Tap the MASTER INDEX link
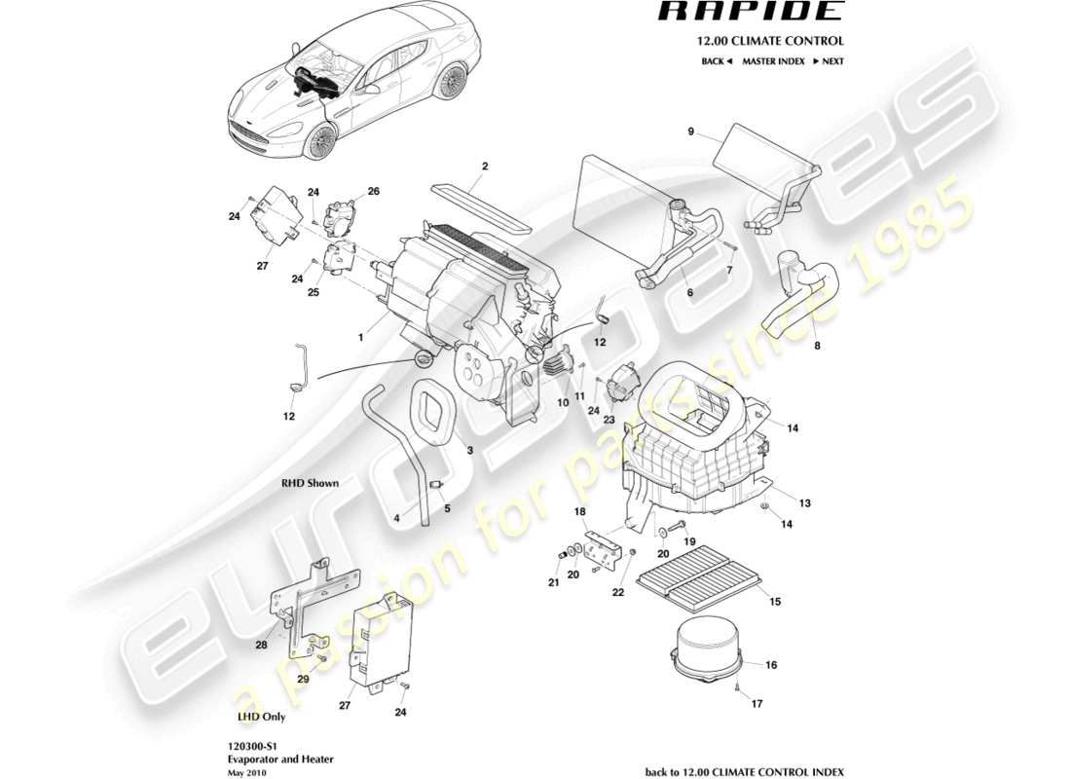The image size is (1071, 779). (x=773, y=61)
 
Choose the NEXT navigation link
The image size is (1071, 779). (x=828, y=61)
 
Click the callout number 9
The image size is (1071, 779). (x=690, y=131)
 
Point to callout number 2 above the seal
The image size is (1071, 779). (x=484, y=167)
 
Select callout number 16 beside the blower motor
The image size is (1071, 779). (x=771, y=666)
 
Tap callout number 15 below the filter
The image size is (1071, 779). (x=775, y=603)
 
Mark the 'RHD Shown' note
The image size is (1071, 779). (x=311, y=482)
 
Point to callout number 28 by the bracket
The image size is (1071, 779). (x=262, y=645)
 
